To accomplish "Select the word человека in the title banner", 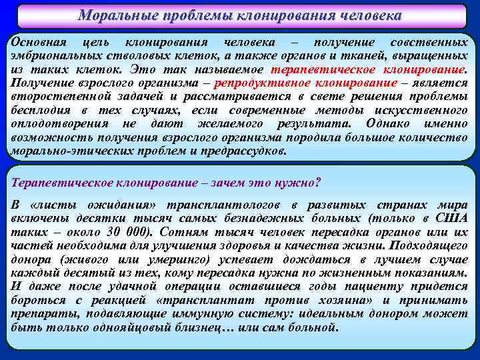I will pyautogui.click(x=364, y=15).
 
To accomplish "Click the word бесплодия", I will pyautogui.click(x=39, y=110).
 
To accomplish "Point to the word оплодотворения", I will pyautogui.click(x=56, y=124).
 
